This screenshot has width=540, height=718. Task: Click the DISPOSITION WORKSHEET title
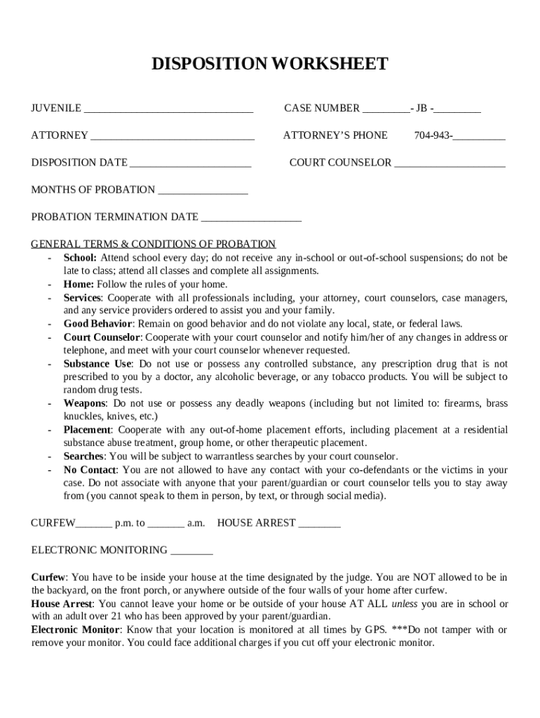[x=270, y=65]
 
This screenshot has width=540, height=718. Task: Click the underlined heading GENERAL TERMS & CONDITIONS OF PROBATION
[x=154, y=244]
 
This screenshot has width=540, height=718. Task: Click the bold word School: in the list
[x=80, y=257]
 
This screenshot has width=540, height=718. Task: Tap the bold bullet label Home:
[x=79, y=284]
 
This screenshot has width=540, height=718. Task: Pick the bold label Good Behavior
[x=97, y=323]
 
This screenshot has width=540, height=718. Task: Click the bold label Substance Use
[x=97, y=363]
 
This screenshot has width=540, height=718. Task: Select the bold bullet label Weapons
[x=85, y=403]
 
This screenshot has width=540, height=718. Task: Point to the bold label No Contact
[x=90, y=469]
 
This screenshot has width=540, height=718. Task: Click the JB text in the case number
[x=421, y=108]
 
